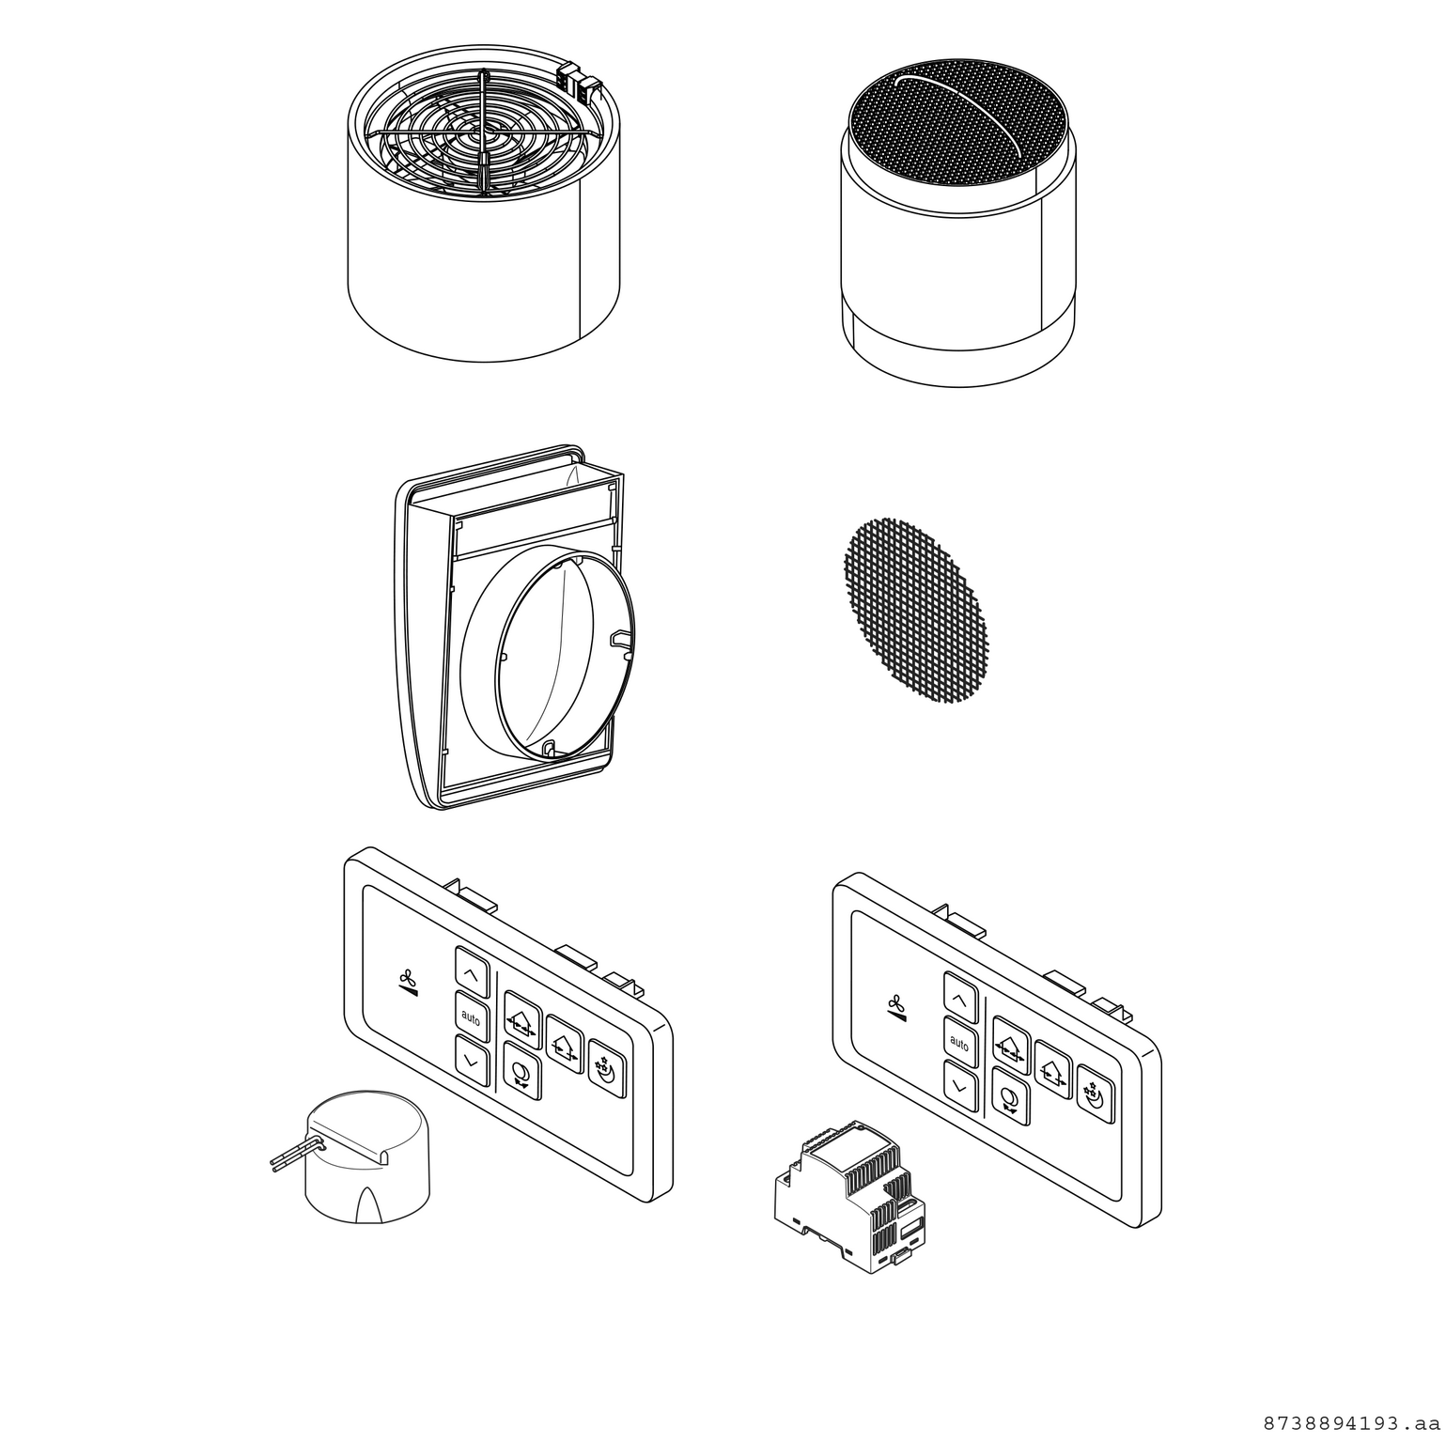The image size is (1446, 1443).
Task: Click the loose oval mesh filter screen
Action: [x=915, y=610]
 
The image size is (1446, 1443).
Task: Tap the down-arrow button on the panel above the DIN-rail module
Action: [x=959, y=1086]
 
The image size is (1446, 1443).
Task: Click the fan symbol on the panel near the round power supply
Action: [x=407, y=979]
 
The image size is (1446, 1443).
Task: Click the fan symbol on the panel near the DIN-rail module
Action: [x=896, y=1005]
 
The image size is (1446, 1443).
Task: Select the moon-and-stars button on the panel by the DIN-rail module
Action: [x=1096, y=1094]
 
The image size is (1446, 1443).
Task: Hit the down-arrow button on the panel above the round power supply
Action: [x=472, y=1060]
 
